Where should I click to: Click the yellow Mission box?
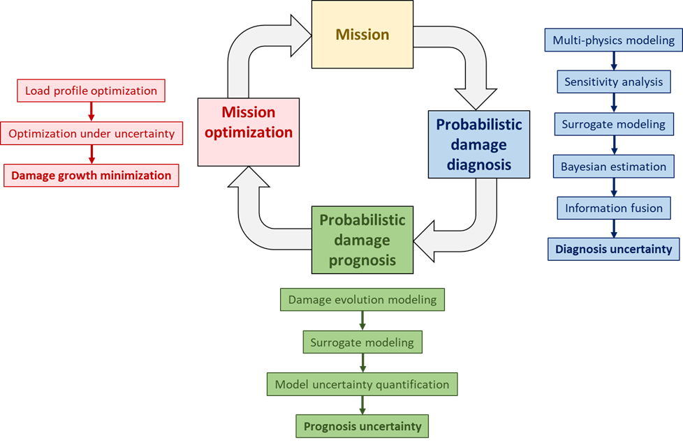362,34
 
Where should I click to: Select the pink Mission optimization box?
249,132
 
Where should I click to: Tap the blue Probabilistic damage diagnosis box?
478,144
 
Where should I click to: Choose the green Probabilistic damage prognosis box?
362,240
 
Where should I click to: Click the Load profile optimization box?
91,91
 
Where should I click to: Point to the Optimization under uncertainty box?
91,133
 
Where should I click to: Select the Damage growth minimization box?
91,176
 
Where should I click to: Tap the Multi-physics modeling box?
613,40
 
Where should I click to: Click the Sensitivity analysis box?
613,82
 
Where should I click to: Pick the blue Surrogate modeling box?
613,124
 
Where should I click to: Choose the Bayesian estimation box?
613,167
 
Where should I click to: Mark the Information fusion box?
613,208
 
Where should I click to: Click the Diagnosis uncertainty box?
613,249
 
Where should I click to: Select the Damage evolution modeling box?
362,300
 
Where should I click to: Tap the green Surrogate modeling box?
362,342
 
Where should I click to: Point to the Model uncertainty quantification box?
362,384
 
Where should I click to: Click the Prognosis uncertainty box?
362,426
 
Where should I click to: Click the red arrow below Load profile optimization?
91,112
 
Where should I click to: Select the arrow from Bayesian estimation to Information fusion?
613,187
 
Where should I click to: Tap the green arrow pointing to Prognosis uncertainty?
362,405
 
